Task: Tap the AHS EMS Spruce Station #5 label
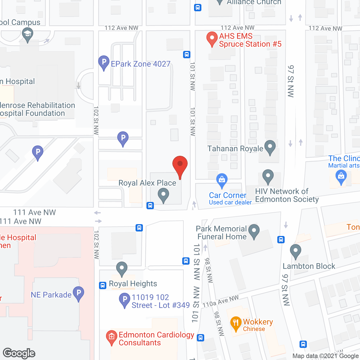(250, 40)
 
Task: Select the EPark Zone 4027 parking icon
(104, 62)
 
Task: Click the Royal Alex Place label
(147, 183)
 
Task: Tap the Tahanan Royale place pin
(270, 147)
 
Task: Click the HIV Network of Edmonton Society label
(287, 195)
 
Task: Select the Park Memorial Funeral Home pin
(254, 231)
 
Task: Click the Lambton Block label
(309, 266)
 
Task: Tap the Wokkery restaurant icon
(236, 323)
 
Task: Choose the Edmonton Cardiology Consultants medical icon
(112, 337)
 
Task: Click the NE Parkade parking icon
(78, 293)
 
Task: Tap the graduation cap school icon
(27, 34)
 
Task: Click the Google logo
(19, 353)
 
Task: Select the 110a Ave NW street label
(220, 301)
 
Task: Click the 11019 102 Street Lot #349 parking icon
(124, 300)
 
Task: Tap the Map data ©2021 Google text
(326, 356)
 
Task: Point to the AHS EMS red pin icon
(212, 39)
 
